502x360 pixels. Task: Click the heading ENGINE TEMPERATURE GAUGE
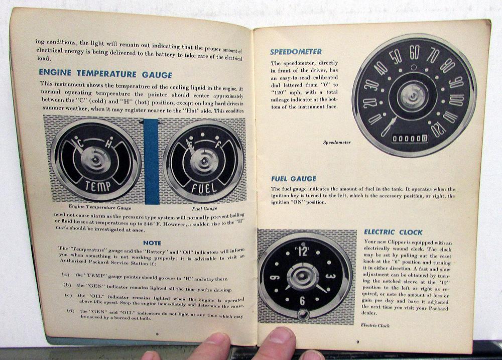click(x=105, y=74)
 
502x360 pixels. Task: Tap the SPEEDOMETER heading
click(x=296, y=52)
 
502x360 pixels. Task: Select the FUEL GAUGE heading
click(x=294, y=179)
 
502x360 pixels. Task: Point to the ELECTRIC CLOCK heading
click(x=393, y=232)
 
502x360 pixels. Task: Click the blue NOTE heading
click(x=152, y=243)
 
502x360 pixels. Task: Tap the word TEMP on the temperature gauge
click(x=98, y=186)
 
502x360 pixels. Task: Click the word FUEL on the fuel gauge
click(x=204, y=187)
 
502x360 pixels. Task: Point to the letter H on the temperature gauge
click(x=108, y=144)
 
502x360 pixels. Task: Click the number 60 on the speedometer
click(x=414, y=53)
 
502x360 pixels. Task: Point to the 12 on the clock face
click(x=303, y=252)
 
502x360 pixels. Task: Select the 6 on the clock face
click(x=302, y=301)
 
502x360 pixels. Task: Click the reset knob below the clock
click(x=302, y=315)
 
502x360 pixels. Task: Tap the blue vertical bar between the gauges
click(x=152, y=162)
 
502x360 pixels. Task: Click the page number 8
click(x=157, y=334)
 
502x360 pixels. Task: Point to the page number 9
click(x=358, y=342)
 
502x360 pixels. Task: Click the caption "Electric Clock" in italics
click(x=375, y=325)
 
